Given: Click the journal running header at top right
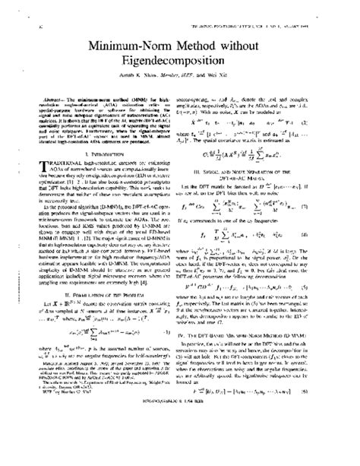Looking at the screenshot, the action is tap(278, 8).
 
